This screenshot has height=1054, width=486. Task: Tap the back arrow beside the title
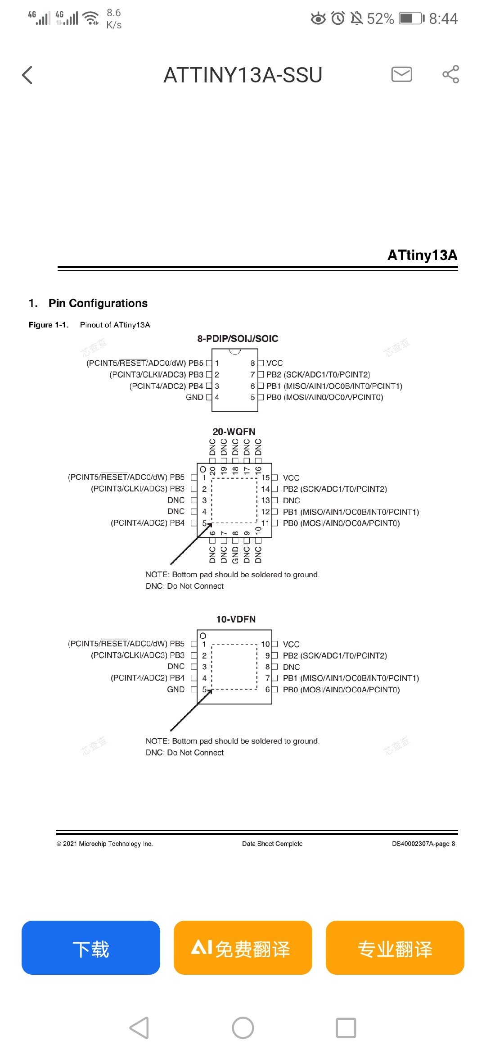click(x=27, y=75)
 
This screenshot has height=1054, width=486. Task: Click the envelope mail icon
click(x=402, y=74)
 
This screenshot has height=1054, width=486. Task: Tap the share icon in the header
click(x=450, y=74)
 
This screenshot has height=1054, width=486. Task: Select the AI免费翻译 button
click(x=243, y=948)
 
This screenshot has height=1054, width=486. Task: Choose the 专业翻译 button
click(x=395, y=948)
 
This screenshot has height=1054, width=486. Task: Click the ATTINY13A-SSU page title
click(x=243, y=75)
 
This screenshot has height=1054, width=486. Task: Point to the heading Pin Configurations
click(x=98, y=303)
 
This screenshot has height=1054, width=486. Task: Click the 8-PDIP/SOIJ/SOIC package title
click(x=238, y=339)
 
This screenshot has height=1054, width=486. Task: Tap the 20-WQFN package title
click(x=234, y=432)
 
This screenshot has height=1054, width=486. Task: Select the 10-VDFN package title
click(x=236, y=619)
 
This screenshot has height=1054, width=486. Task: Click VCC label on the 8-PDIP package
click(x=274, y=363)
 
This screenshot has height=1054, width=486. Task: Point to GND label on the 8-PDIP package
click(x=194, y=397)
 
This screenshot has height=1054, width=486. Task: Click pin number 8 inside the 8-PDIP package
click(x=253, y=363)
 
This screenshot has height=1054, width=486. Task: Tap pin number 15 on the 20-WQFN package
click(x=265, y=477)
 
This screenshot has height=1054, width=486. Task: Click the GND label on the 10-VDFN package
click(x=175, y=690)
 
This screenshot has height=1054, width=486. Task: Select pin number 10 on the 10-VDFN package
click(x=265, y=644)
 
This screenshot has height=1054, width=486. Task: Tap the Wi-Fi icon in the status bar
click(x=91, y=18)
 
